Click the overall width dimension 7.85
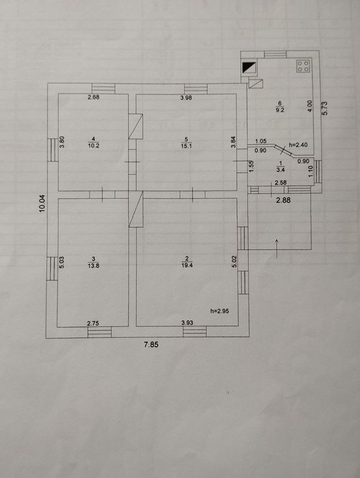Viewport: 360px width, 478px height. (152, 344)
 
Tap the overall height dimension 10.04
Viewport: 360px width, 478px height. (42, 203)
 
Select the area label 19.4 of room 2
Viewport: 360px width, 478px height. (186, 265)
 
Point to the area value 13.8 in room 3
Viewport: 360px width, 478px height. (94, 266)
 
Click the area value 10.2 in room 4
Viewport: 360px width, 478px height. (94, 145)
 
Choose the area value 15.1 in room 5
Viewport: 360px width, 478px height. (186, 145)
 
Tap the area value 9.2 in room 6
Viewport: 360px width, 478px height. (280, 110)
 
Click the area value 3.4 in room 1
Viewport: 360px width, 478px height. (280, 170)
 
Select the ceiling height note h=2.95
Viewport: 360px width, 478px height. (220, 311)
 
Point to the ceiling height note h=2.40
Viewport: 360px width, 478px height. (298, 145)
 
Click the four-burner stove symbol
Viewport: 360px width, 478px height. (303, 66)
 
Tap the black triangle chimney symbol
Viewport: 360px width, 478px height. (249, 68)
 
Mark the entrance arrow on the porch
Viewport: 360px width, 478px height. (277, 249)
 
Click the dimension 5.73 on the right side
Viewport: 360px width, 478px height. (324, 108)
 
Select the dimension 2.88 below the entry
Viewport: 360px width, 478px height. (283, 200)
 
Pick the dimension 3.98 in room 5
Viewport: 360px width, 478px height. (186, 98)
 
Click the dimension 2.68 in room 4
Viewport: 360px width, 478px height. (94, 97)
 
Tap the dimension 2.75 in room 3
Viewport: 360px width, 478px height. (93, 324)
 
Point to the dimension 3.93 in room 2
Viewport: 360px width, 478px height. (187, 322)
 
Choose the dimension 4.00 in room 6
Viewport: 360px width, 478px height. (309, 106)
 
